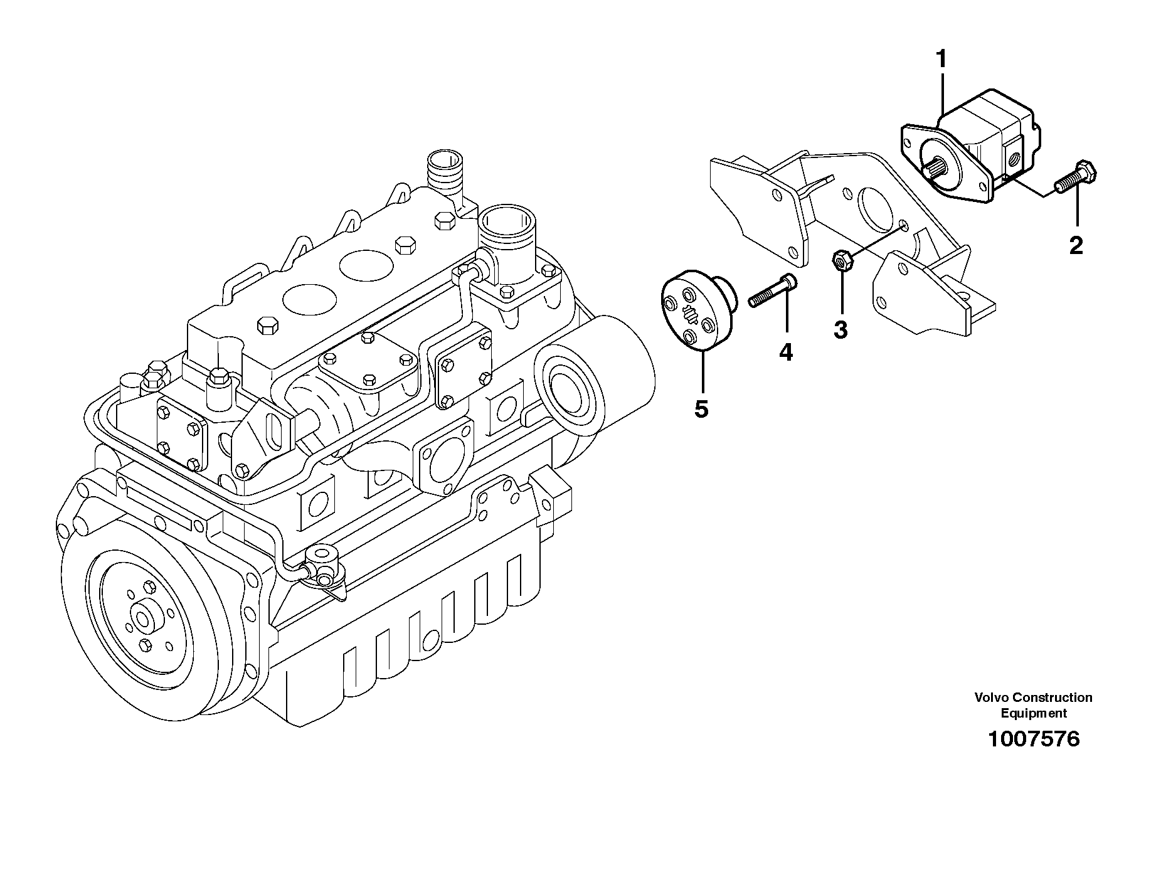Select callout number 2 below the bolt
click(x=1076, y=245)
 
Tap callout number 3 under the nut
click(x=840, y=329)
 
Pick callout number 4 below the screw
click(x=786, y=352)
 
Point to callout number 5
click(x=701, y=409)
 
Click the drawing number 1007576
click(x=1034, y=739)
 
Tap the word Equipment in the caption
click(x=1033, y=713)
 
